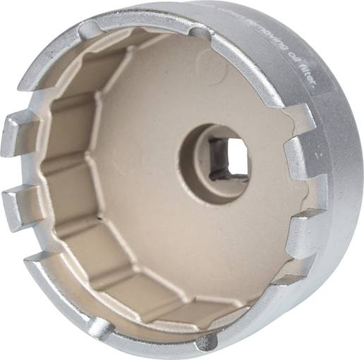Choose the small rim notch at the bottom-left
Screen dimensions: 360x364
pos(99,327)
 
